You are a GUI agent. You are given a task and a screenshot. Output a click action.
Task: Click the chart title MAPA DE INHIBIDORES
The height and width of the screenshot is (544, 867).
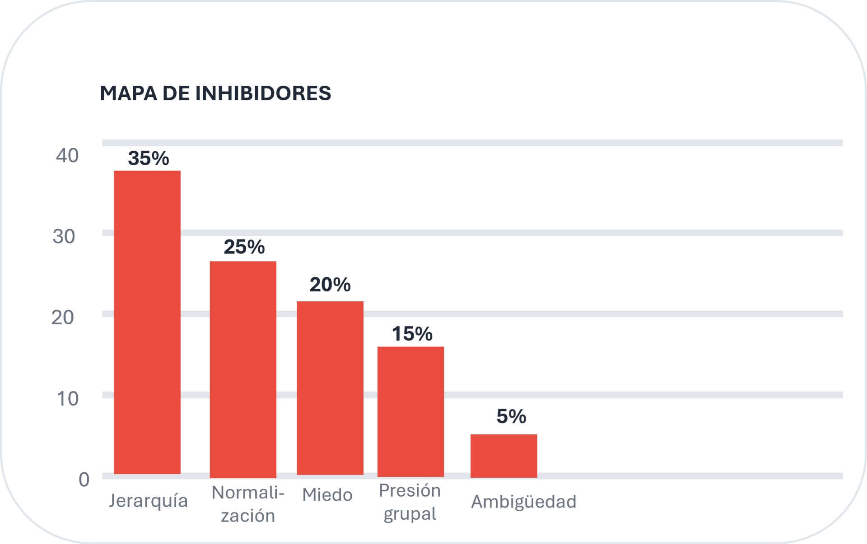(215, 93)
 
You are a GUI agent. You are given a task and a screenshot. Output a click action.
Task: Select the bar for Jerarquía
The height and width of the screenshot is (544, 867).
(147, 322)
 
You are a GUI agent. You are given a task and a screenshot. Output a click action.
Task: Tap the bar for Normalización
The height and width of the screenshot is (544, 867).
(243, 369)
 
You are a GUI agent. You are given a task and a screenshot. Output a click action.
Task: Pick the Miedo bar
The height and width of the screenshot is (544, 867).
(330, 388)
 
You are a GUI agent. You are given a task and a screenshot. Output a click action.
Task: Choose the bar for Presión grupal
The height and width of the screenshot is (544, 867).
(410, 411)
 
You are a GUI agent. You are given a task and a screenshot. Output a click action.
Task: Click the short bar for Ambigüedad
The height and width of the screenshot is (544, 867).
(503, 456)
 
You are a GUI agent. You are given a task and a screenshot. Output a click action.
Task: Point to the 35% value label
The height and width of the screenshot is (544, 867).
(149, 158)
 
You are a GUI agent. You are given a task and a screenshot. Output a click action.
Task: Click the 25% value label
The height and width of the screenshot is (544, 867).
(244, 247)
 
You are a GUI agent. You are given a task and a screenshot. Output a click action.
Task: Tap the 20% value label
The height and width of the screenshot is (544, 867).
(330, 285)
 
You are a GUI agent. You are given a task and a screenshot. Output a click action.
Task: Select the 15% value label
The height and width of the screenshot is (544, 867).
(412, 334)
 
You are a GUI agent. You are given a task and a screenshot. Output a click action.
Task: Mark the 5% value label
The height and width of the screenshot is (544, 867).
(511, 416)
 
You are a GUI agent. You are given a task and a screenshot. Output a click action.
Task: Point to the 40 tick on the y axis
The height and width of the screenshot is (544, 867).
(67, 156)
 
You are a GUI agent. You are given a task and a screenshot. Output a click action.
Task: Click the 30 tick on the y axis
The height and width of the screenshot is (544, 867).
(64, 237)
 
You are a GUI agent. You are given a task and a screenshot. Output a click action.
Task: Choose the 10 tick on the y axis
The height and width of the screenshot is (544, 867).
(67, 399)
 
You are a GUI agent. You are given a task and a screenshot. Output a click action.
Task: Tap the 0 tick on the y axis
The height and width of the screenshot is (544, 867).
(84, 479)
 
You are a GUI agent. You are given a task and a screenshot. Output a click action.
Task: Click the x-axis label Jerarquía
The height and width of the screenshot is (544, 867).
(148, 501)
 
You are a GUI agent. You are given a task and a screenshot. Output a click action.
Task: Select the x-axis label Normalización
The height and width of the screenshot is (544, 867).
(248, 504)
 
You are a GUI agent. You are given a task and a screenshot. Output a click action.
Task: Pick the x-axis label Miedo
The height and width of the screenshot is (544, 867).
(327, 495)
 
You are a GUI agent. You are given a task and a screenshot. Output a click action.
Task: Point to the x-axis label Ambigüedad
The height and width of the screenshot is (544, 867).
(524, 502)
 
